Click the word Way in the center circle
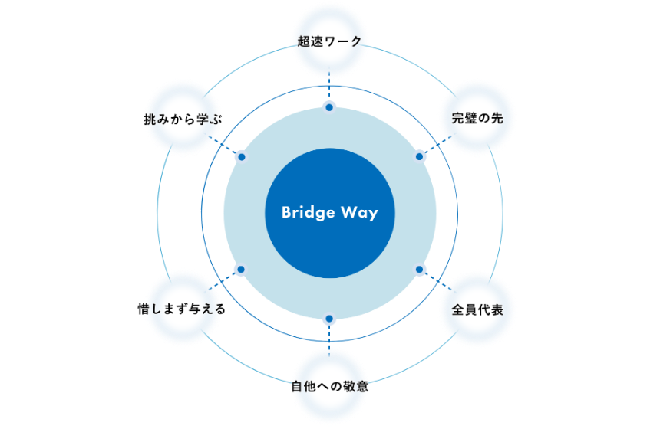pyautogui.click(x=360, y=213)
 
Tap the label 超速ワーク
pyautogui.click(x=329, y=41)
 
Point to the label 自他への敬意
pyautogui.click(x=329, y=386)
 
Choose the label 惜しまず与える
pyautogui.click(x=181, y=309)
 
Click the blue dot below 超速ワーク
pyautogui.click(x=329, y=107)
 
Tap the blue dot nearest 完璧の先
pyautogui.click(x=420, y=156)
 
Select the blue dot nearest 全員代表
pyautogui.click(x=420, y=270)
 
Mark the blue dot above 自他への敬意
pyautogui.click(x=329, y=319)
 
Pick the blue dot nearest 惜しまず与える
pyautogui.click(x=239, y=270)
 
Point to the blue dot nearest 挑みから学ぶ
pyautogui.click(x=241, y=156)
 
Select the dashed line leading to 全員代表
pyautogui.click(x=434, y=280)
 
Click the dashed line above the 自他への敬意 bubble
pyautogui.click(x=329, y=337)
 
